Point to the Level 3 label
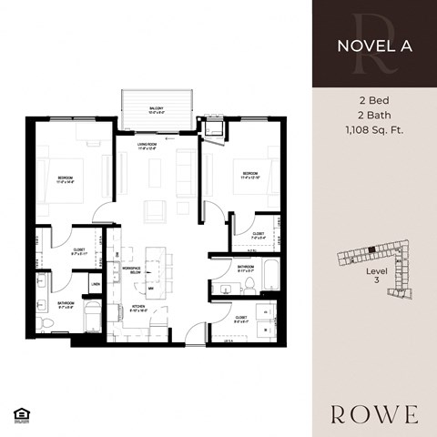tap(370, 276)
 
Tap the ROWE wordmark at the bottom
tap(374, 414)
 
